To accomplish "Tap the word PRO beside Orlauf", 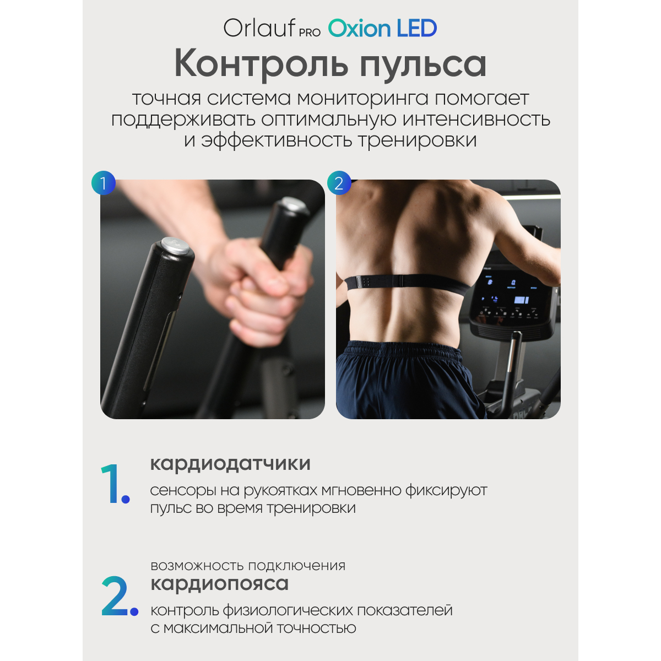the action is pyautogui.click(x=310, y=32).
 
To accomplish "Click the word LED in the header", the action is pyautogui.click(x=417, y=28).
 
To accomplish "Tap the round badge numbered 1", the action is pyautogui.click(x=103, y=183).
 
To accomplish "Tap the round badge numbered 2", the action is pyautogui.click(x=339, y=183).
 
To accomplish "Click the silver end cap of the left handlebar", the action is pyautogui.click(x=175, y=245).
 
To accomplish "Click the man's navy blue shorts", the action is pyautogui.click(x=405, y=379).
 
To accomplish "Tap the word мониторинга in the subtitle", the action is pyautogui.click(x=362, y=99).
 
